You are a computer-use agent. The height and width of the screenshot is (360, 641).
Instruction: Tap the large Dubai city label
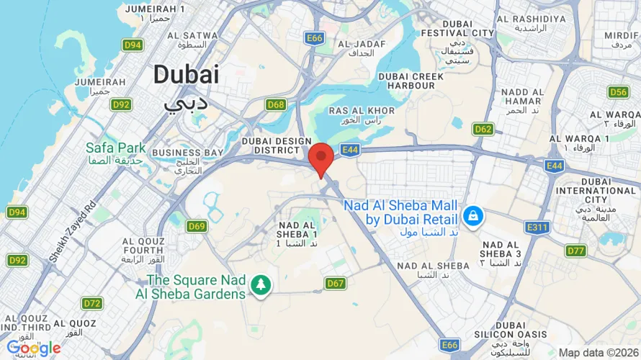coord(186,75)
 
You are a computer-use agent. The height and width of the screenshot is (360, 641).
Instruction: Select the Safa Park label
coord(116,148)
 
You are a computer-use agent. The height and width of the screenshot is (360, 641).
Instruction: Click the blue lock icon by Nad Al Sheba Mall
coord(472,215)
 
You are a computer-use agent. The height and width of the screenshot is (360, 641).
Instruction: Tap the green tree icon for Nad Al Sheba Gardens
coord(259,286)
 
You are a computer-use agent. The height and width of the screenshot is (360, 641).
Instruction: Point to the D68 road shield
coord(276,104)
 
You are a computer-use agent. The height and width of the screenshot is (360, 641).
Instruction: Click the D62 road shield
coord(483,129)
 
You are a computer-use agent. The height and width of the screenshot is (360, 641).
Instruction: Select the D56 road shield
coord(618,91)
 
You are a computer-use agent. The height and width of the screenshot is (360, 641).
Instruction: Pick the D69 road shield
coord(197,227)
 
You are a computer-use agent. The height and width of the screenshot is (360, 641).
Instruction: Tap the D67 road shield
coord(335,283)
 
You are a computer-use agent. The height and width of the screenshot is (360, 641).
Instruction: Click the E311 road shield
coord(537,227)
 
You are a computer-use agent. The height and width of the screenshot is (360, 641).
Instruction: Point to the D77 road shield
coord(575,251)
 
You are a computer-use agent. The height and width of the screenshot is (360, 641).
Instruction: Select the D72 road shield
coord(92,303)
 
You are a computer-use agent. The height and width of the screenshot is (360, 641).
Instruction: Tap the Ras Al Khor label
coord(362,110)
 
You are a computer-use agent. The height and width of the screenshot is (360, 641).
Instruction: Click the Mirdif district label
coord(622,35)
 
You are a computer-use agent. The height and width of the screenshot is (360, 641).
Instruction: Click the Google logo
coord(34,348)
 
